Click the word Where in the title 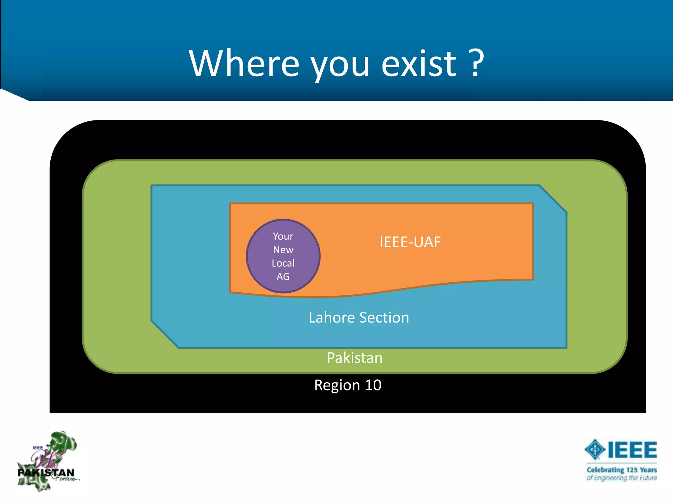[244, 63]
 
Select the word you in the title [340, 66]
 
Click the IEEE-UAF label [410, 242]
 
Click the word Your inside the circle [283, 236]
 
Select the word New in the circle [283, 250]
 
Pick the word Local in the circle [283, 263]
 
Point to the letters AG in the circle [283, 277]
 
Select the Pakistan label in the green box [354, 358]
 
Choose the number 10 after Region [373, 385]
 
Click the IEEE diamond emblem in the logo [594, 450]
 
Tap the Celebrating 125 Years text [621, 470]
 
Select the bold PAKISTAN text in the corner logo [46, 473]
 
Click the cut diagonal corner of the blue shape [553, 199]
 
